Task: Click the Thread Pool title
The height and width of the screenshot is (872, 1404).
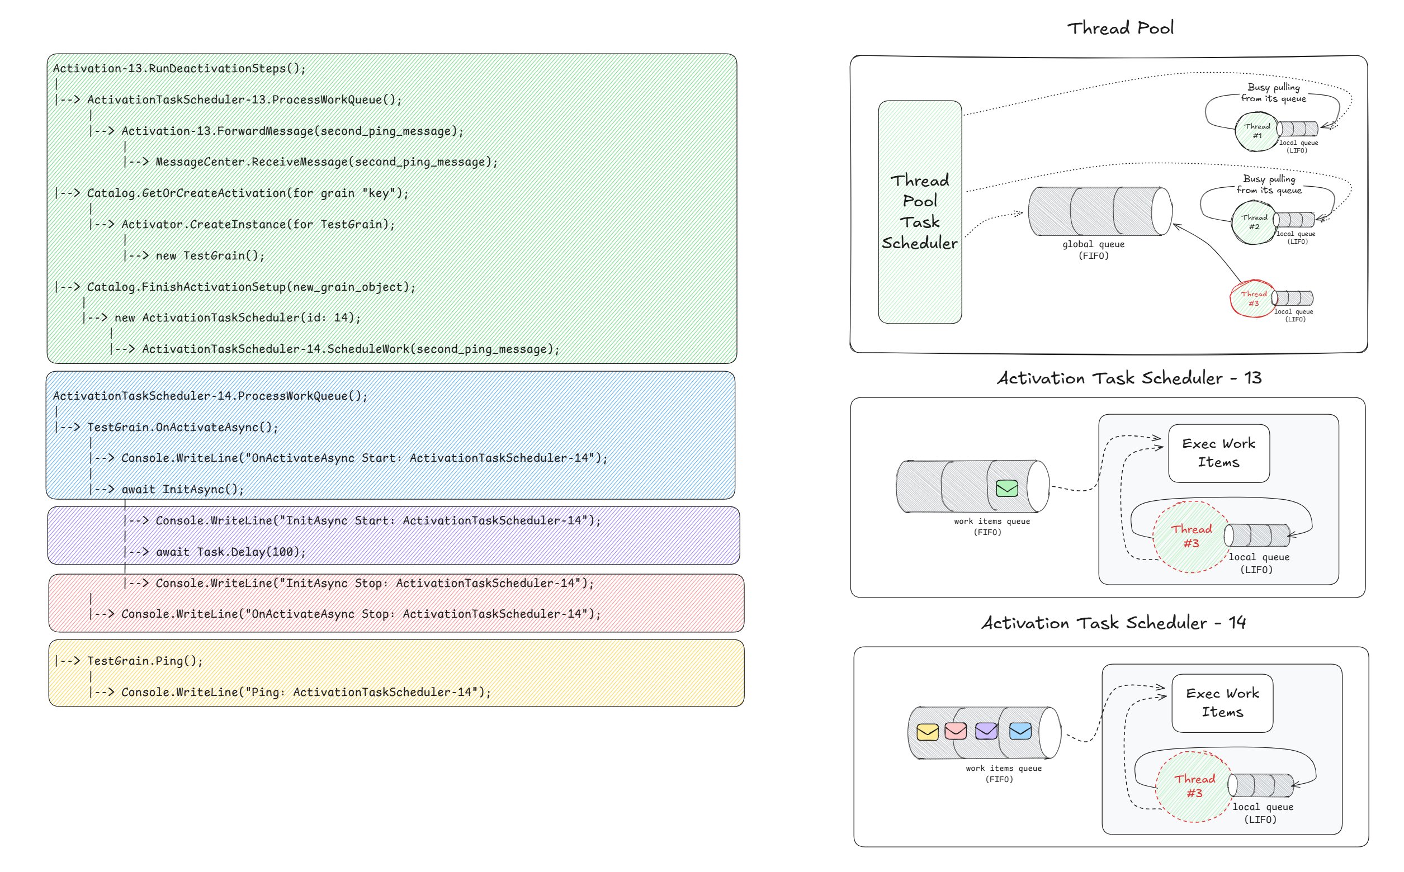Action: pos(1119,28)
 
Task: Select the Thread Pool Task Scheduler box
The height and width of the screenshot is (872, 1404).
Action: pos(919,212)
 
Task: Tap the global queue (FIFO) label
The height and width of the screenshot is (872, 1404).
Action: pos(1093,250)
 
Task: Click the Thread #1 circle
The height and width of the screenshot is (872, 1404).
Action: pos(1256,131)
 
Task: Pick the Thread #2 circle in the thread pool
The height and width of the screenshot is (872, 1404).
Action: pos(1254,222)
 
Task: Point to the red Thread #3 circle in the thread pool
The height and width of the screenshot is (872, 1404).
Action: pos(1253,298)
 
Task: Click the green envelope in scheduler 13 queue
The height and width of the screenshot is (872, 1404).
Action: pos(1006,489)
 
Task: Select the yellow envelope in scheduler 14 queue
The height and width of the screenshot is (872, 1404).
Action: pos(927,732)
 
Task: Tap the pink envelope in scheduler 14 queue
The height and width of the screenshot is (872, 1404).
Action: pos(956,731)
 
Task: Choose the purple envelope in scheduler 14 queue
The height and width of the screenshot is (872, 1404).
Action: pos(986,731)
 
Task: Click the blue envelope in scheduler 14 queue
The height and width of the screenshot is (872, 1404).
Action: pos(1020,731)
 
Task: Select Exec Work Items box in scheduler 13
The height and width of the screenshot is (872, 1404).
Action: pos(1218,453)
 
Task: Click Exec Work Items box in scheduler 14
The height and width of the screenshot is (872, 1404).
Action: pos(1222,703)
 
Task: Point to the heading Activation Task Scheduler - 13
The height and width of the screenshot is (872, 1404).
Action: pos(1129,378)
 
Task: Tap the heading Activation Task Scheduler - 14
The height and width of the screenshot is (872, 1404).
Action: pos(1113,623)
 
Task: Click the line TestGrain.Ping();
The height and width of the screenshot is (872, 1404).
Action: pos(144,661)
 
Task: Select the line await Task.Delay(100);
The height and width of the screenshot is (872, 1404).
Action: pos(231,552)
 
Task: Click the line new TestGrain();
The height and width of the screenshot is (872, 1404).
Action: pos(210,255)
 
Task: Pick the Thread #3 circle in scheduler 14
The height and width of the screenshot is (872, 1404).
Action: pos(1194,785)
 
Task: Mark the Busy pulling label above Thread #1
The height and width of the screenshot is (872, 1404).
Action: pos(1273,93)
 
